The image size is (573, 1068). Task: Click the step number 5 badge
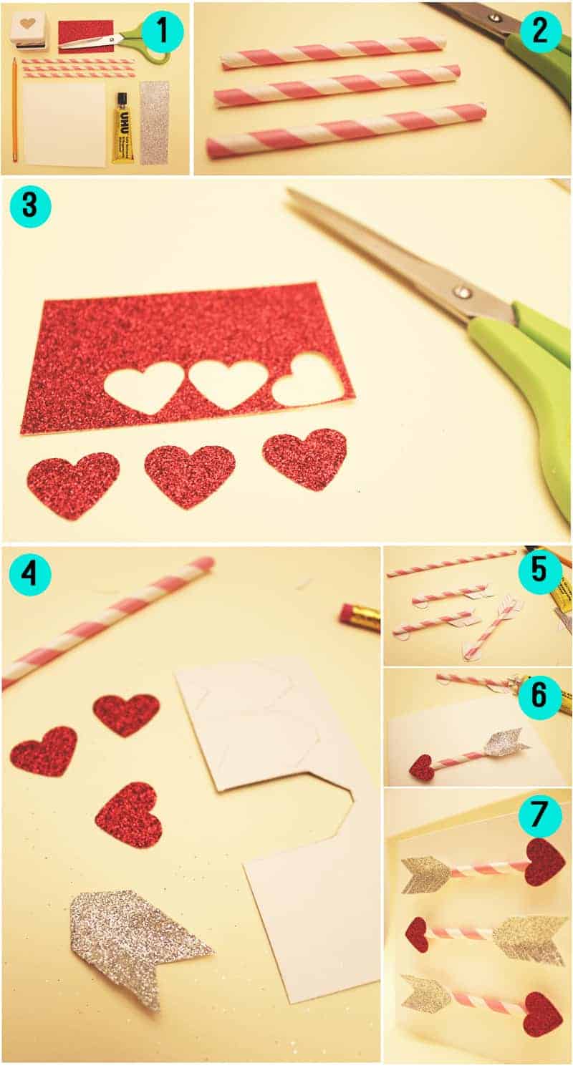click(539, 572)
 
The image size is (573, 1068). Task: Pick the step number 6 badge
click(539, 696)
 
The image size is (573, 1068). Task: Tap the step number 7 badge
click(539, 815)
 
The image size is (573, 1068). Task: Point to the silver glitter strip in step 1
click(155, 123)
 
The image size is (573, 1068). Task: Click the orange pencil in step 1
click(16, 110)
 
